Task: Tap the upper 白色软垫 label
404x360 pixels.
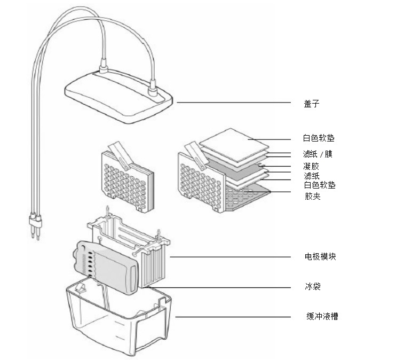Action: pos(319,138)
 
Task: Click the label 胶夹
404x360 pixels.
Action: pos(312,196)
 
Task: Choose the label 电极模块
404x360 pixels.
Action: pos(321,257)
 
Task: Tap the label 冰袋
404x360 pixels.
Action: pos(312,287)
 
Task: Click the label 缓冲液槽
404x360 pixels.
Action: pos(322,317)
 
